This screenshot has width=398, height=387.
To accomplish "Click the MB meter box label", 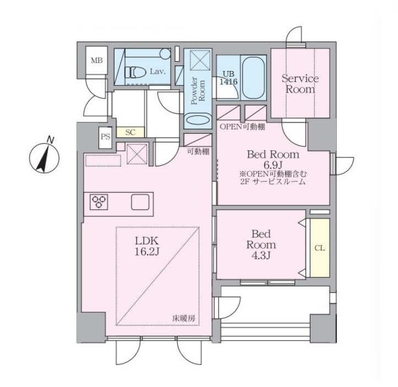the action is (97, 61).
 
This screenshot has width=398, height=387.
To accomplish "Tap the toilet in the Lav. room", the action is (135, 72).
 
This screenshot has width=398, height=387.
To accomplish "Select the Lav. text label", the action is (157, 72).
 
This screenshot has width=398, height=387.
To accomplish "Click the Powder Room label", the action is (198, 91).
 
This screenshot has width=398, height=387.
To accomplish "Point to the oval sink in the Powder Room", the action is (198, 121).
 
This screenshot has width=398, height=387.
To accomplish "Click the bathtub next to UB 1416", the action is (254, 78).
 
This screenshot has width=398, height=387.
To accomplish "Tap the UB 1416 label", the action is (228, 78).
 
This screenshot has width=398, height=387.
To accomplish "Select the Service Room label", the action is (300, 84).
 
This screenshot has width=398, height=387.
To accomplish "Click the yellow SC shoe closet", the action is (130, 132).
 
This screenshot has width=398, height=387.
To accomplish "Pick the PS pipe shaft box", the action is (105, 137).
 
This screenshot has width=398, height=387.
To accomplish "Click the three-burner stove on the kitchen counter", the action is (99, 201).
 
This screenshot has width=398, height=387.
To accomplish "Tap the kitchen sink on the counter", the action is (140, 202).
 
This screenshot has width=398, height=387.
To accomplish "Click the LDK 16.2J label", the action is (147, 246).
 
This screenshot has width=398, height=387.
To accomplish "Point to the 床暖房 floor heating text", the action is (184, 318).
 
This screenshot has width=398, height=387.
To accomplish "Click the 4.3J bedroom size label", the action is (261, 255).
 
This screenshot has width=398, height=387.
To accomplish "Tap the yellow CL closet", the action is (320, 248).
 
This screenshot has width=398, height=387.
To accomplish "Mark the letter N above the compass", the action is (51, 140).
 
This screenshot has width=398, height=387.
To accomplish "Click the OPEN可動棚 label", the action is (242, 127).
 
